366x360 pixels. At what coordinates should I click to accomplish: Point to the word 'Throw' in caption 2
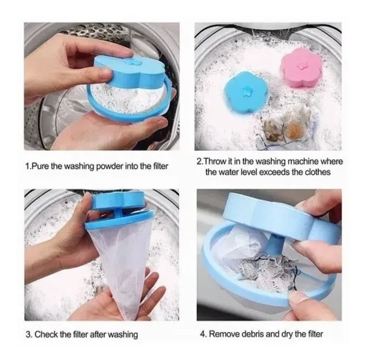214,161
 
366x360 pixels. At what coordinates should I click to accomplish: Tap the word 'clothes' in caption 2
319,172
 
